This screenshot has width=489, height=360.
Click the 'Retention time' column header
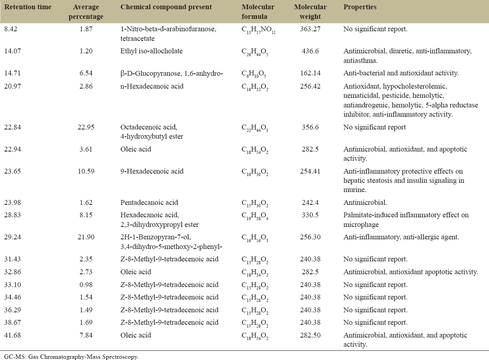[28, 7]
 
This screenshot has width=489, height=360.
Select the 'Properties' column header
[360, 7]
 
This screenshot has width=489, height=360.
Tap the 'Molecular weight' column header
[310, 12]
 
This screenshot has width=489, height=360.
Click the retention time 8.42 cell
[11, 29]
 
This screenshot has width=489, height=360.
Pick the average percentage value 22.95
[86, 127]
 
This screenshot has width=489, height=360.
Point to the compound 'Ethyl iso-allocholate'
[152, 51]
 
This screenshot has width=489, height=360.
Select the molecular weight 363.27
[310, 29]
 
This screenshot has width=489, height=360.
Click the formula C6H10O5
[254, 74]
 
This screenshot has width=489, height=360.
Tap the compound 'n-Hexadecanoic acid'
[152, 86]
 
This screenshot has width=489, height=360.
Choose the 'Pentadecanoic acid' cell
[149, 202]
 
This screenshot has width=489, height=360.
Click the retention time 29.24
[12, 237]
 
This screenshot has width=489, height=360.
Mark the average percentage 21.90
[86, 237]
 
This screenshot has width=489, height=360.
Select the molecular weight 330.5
[310, 215]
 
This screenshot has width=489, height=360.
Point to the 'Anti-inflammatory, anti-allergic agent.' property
[401, 237]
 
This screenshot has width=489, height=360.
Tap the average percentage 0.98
[86, 285]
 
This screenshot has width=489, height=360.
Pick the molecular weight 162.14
[310, 73]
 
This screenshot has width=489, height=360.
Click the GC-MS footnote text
[71, 356]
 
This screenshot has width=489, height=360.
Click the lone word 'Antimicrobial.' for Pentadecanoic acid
[365, 202]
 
